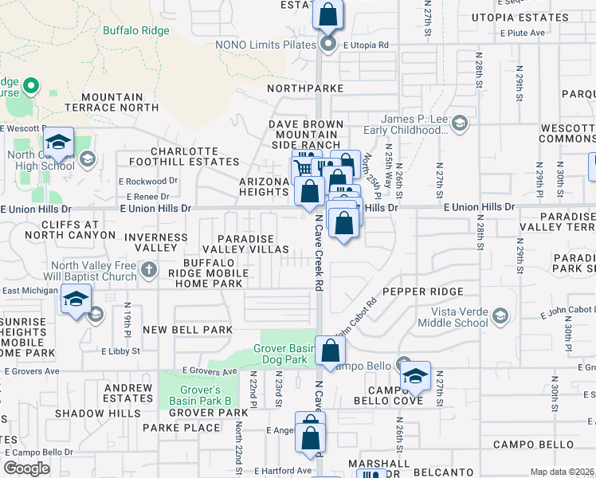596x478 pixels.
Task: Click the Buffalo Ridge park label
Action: coord(135,31)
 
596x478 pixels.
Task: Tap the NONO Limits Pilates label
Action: coord(265,45)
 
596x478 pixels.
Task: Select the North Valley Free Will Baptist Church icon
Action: coord(149,271)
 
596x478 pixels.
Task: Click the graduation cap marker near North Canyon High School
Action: coord(57,143)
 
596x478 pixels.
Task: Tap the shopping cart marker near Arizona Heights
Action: coord(302,169)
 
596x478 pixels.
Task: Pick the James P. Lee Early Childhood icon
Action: coord(459,123)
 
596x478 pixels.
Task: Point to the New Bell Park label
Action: coord(188,329)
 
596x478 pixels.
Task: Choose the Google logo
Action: coord(26,468)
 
